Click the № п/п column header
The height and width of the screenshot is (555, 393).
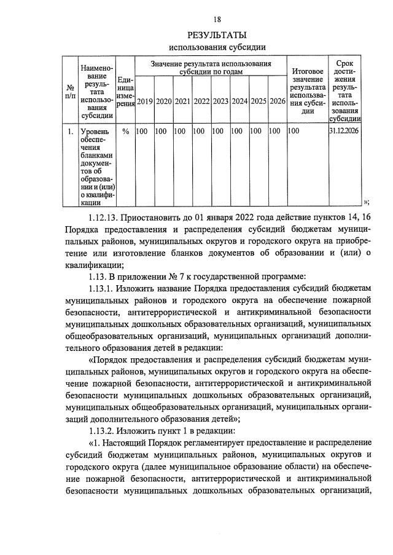pos(71,92)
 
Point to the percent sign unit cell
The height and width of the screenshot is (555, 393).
pos(125,131)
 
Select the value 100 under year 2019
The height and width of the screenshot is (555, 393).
pos(142,131)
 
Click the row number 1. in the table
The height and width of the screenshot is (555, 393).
pos(71,131)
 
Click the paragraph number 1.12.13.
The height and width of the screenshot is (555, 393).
pos(106,218)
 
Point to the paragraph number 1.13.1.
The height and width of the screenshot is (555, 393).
pos(105,288)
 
